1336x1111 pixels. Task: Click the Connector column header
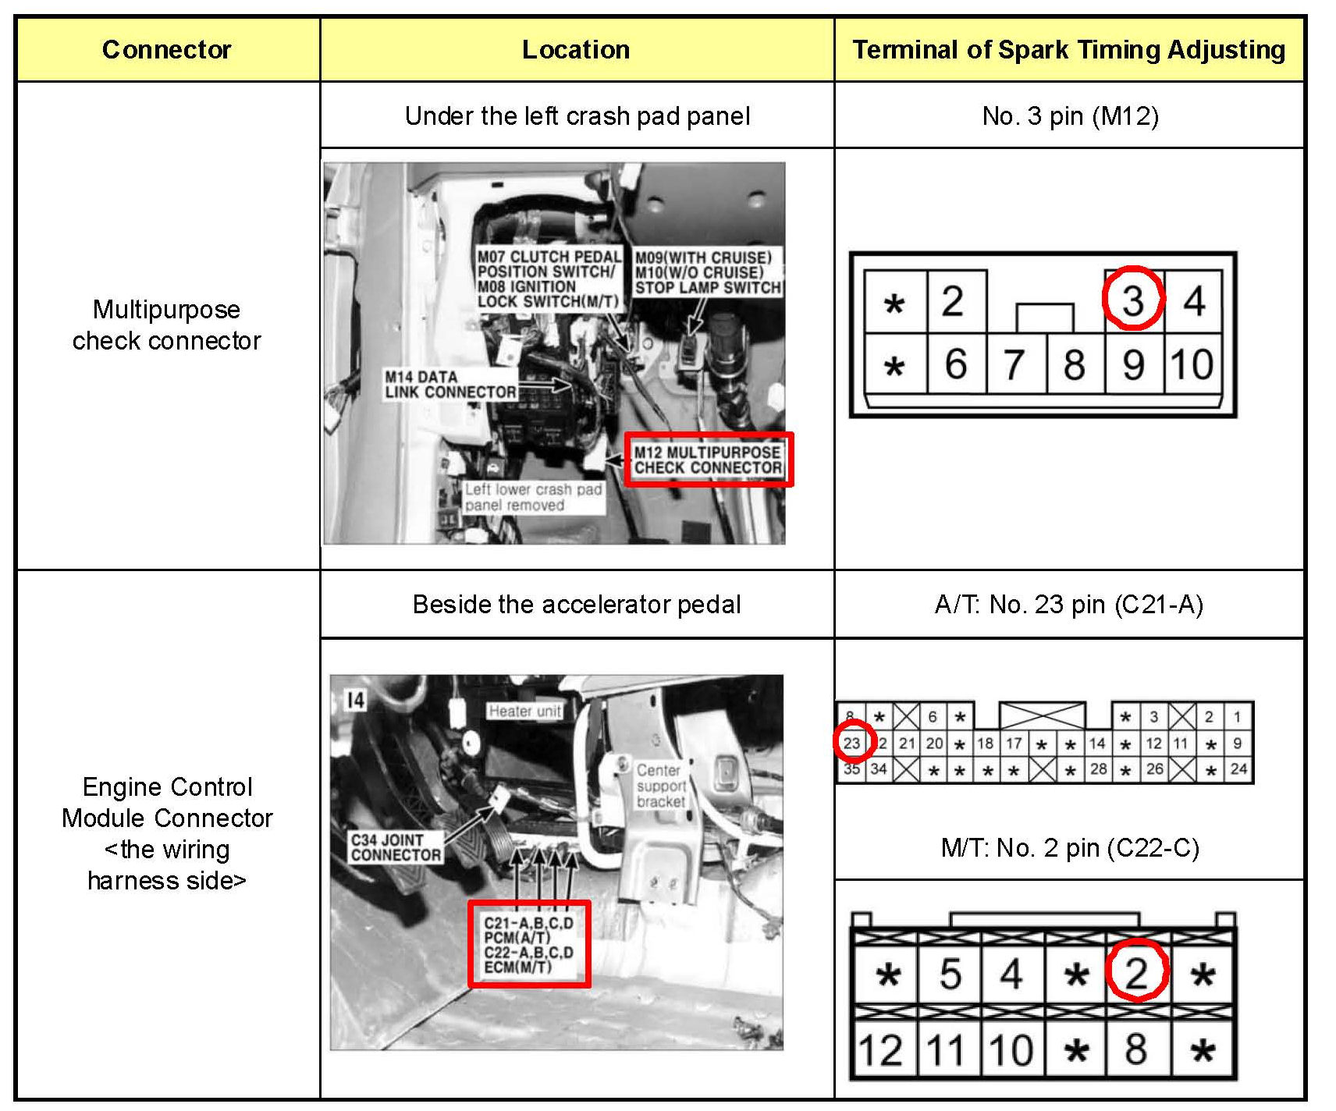[x=166, y=49]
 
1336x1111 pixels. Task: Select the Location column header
[x=576, y=49]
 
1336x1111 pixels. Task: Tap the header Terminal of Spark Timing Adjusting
[x=1068, y=49]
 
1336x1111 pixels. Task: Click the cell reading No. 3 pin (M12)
[x=1070, y=116]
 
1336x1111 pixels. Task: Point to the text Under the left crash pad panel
[x=577, y=116]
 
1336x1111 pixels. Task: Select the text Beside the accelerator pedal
[x=577, y=605]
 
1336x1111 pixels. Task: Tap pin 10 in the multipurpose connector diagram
[x=1192, y=364]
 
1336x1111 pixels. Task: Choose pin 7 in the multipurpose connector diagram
[x=1014, y=364]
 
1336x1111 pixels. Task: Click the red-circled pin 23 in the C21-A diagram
[x=851, y=743]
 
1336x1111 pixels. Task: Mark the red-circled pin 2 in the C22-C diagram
[x=1136, y=973]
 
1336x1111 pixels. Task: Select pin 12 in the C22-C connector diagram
[x=880, y=1050]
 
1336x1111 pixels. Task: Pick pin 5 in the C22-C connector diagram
[x=950, y=974]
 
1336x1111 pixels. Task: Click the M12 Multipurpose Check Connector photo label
[x=708, y=460]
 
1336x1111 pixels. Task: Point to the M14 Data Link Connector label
[x=450, y=385]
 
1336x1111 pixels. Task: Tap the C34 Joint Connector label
[x=396, y=847]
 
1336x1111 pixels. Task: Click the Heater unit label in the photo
[x=524, y=711]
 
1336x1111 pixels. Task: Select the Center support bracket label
[x=661, y=786]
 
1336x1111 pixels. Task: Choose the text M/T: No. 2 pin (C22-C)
[x=1070, y=847]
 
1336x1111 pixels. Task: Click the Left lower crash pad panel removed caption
[x=533, y=497]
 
